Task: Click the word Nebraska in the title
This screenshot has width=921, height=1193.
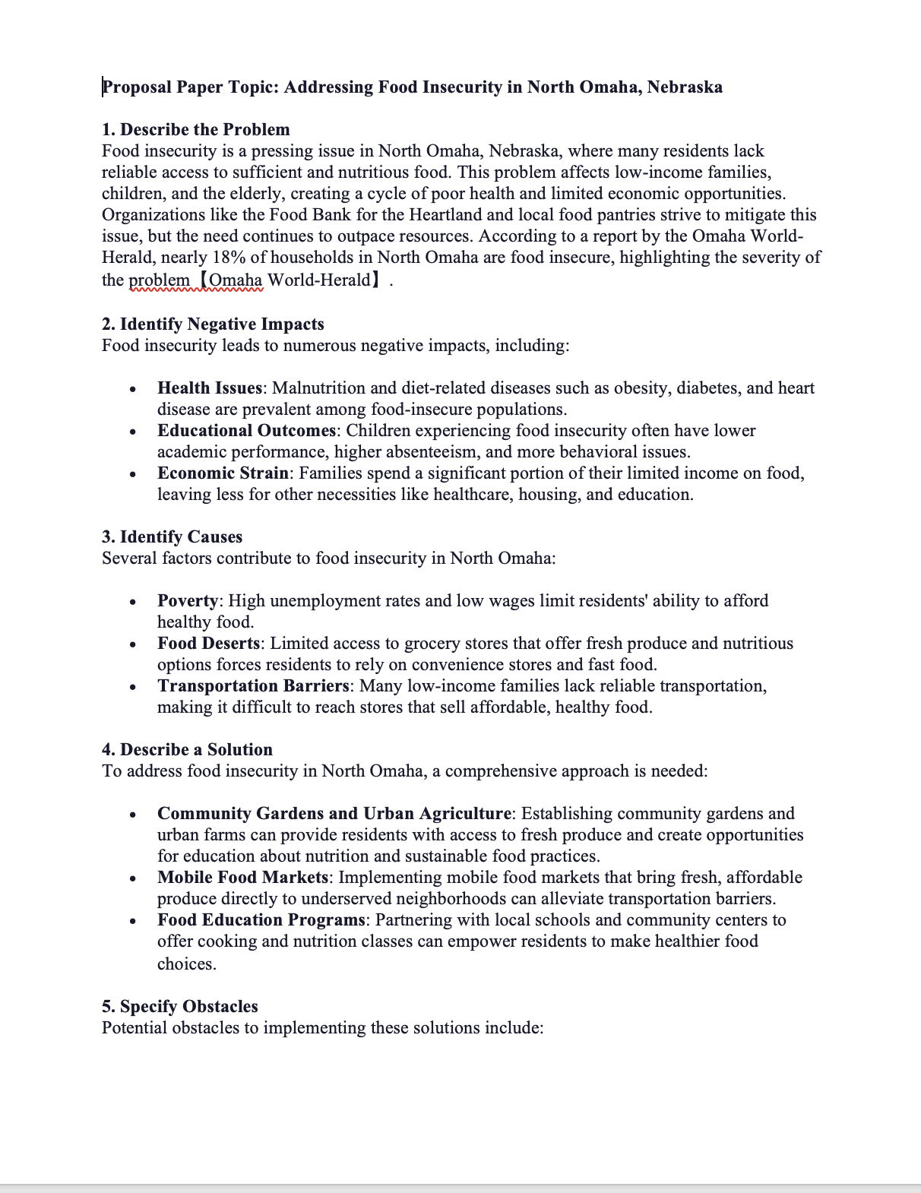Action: click(684, 87)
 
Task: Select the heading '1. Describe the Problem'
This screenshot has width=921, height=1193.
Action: click(195, 130)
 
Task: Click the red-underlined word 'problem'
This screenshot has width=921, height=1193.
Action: click(159, 280)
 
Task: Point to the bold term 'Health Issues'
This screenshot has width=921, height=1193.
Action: click(210, 388)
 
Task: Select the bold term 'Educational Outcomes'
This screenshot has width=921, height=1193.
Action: click(246, 431)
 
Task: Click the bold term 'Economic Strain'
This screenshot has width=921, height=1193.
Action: click(223, 473)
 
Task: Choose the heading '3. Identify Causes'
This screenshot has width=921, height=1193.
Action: click(172, 537)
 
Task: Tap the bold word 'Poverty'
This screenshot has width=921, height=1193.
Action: click(188, 601)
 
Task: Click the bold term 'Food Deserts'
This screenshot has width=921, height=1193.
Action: click(208, 644)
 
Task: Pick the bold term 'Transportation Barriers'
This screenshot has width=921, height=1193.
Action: click(253, 686)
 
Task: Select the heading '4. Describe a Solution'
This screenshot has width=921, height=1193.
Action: click(187, 750)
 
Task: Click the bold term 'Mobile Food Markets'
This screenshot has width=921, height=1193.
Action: click(242, 878)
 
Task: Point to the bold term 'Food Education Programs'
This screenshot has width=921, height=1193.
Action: click(261, 920)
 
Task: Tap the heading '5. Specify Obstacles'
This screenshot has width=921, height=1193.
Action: click(179, 1007)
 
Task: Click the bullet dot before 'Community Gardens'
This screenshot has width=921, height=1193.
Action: click(133, 815)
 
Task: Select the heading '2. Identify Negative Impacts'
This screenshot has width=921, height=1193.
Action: click(213, 324)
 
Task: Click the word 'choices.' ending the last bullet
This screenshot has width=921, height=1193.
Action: click(186, 964)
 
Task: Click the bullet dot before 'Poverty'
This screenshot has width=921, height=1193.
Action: click(133, 603)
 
